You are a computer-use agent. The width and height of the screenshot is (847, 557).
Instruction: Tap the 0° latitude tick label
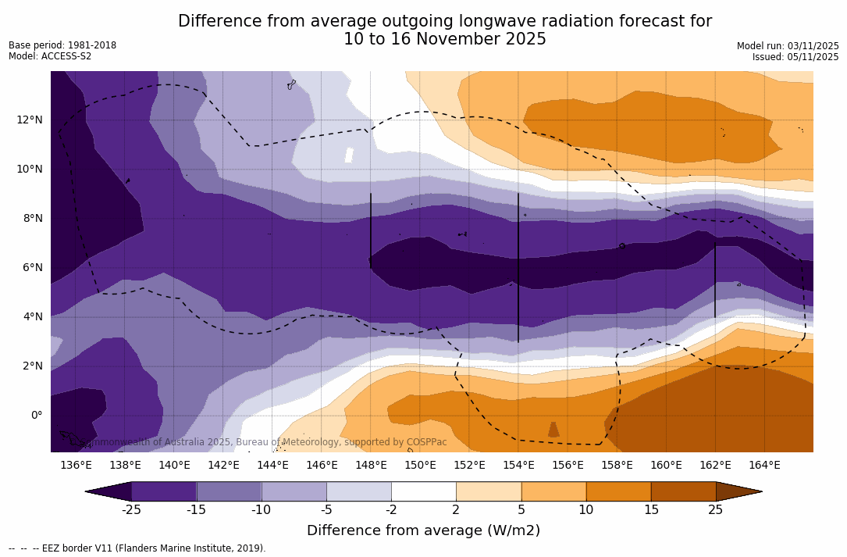pyautogui.click(x=36, y=415)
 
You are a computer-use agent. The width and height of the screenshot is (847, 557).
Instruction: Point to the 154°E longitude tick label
pyautogui.click(x=518, y=466)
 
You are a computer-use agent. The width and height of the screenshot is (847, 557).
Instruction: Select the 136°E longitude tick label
pyautogui.click(x=76, y=466)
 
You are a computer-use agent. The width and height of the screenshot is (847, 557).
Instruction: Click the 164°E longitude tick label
pyautogui.click(x=764, y=466)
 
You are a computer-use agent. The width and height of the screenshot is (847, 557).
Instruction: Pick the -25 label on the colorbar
pyautogui.click(x=131, y=510)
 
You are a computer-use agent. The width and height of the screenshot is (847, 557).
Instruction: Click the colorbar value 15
pyautogui.click(x=650, y=510)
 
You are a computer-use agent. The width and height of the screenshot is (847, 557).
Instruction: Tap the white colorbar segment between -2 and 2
pyautogui.click(x=423, y=491)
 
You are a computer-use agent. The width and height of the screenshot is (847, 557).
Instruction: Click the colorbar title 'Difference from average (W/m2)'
pyautogui.click(x=423, y=530)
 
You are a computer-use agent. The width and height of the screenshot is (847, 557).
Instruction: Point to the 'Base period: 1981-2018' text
pyautogui.click(x=62, y=45)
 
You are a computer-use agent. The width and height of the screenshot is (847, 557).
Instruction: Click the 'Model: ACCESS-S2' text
pyautogui.click(x=50, y=56)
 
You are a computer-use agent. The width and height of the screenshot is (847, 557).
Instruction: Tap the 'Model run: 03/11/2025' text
pyautogui.click(x=788, y=46)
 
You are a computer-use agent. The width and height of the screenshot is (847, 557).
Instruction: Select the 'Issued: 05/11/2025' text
pyautogui.click(x=795, y=57)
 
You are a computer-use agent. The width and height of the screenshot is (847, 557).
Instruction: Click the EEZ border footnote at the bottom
pyautogui.click(x=137, y=548)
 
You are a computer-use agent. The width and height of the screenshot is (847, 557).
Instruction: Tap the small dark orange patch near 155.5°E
pyautogui.click(x=553, y=430)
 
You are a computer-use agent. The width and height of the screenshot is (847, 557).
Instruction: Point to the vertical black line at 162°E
pyautogui.click(x=715, y=279)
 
